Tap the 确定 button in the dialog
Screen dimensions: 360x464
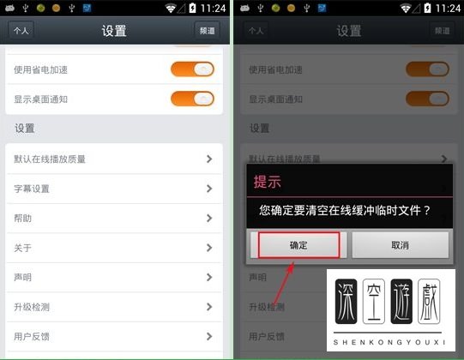pos(298,245)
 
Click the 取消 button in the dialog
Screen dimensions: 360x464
pos(400,245)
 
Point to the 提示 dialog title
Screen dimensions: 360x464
pos(267,182)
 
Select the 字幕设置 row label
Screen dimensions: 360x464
pos(32,189)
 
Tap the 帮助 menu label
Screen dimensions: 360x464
pos(23,219)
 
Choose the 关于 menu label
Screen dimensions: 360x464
pos(23,248)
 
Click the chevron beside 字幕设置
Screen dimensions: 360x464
pos(208,189)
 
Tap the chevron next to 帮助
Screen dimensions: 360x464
pos(208,219)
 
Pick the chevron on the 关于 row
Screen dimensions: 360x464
pos(208,248)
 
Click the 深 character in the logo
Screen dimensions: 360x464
pos(346,303)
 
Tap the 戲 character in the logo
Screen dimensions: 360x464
pos(428,303)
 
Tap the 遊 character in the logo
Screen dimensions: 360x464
pos(401,303)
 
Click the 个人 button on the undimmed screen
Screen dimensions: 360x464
pos(21,30)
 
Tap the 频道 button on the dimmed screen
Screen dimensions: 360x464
pos(440,30)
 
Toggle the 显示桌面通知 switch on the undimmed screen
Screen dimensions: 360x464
pos(192,99)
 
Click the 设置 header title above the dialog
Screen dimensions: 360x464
pos(348,31)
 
